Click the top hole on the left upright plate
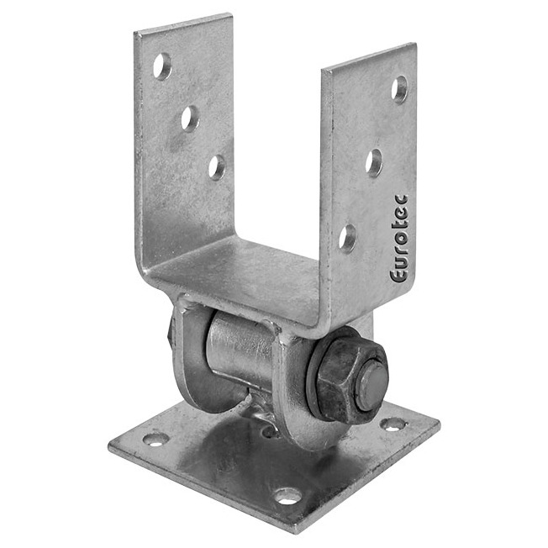[162, 66]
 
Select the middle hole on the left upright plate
[190, 119]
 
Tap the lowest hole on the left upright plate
[217, 168]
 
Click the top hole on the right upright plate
[399, 90]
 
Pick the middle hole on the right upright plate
[374, 163]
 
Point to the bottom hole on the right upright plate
[347, 239]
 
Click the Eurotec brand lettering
[399, 239]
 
